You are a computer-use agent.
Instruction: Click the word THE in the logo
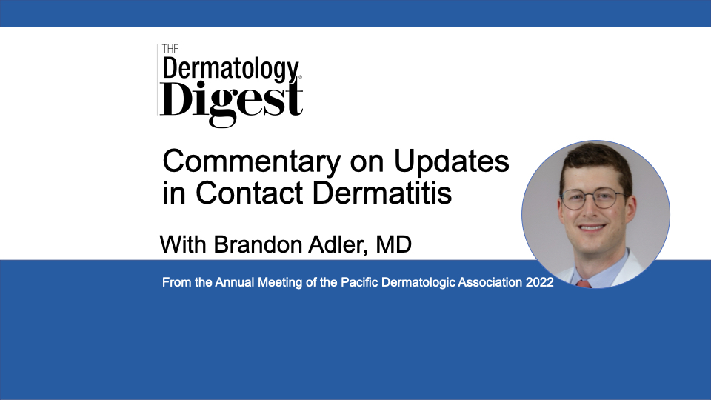[170, 49]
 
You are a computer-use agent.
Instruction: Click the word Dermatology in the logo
[231, 70]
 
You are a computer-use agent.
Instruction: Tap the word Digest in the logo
[231, 102]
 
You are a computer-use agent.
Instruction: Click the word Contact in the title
[250, 193]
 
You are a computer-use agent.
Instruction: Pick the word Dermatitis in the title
[382, 193]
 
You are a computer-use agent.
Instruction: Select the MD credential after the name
[393, 244]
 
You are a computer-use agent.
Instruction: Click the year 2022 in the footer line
[540, 282]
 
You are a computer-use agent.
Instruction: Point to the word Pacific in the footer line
[360, 282]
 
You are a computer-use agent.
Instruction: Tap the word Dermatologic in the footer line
[418, 282]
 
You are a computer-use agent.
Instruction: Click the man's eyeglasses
[593, 199]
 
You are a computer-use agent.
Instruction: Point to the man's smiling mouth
[592, 227]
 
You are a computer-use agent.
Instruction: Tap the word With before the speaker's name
[183, 244]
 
